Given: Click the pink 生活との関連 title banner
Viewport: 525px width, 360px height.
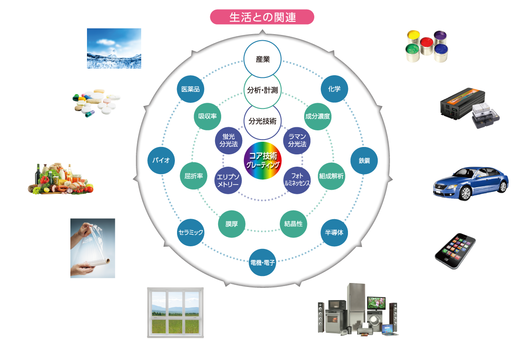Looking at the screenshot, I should (262, 17).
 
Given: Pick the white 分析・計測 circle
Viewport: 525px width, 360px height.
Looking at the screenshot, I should (262, 91).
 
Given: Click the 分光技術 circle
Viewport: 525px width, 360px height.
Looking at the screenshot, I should (262, 121).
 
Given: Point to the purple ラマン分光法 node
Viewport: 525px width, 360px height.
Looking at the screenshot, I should (297, 140).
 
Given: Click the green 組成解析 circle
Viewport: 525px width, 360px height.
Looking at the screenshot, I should (332, 176).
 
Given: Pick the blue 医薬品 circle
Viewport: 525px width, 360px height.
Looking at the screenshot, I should (190, 89).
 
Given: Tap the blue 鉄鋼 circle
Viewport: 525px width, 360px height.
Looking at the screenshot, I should (364, 161).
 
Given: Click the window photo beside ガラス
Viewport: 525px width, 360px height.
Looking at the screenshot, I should (175, 312).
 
